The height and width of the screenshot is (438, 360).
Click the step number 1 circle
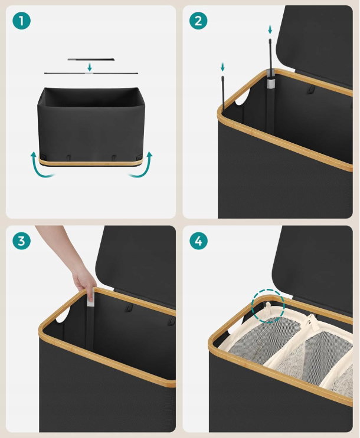[21, 21]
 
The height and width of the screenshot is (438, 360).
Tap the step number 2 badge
[198, 21]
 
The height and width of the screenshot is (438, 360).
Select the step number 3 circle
[21, 241]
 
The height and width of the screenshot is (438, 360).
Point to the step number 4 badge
[198, 241]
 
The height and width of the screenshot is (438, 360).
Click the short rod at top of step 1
[91, 59]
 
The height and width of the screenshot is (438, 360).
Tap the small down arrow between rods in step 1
[90, 67]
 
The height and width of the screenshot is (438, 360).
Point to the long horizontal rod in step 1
[91, 74]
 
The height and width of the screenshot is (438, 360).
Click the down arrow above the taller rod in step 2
[270, 29]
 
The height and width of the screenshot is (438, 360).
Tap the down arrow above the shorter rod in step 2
[222, 67]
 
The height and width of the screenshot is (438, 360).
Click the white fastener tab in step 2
[271, 83]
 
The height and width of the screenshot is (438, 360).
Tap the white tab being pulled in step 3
[90, 298]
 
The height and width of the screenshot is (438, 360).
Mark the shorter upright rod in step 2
[223, 93]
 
